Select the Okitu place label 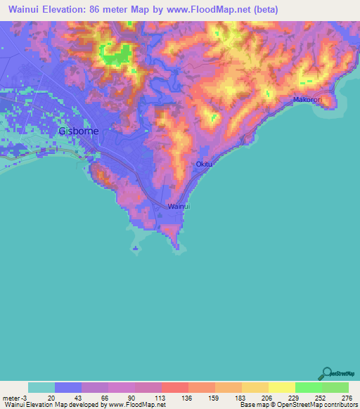pos(203,164)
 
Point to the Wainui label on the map pos(179,207)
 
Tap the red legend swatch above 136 pos(175,387)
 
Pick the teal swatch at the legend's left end pos(41,387)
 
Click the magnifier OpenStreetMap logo pos(326,374)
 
